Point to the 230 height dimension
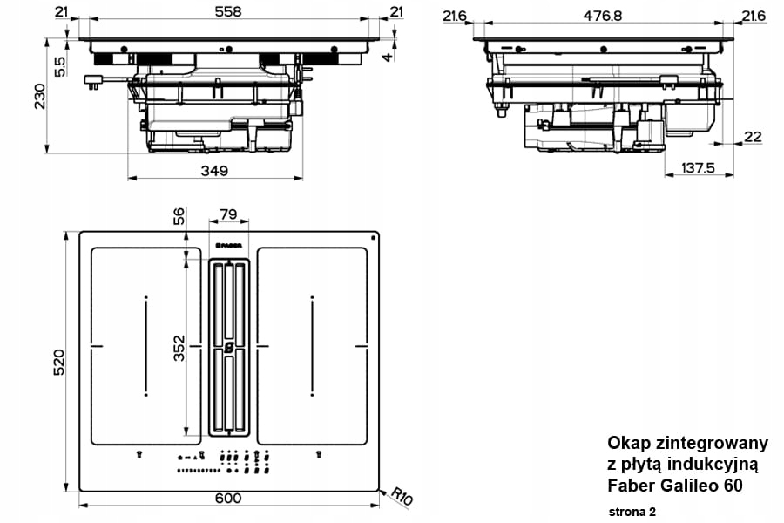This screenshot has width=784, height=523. (39, 96)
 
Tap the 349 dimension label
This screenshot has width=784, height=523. (214, 170)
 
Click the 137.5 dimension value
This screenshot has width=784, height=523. (697, 167)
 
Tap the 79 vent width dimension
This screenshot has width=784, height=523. (228, 214)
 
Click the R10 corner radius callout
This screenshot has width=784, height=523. (400, 496)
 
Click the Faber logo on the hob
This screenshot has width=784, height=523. (228, 247)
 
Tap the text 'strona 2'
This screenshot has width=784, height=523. (632, 510)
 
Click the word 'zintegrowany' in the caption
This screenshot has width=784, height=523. (705, 443)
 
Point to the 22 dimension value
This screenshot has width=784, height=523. (753, 137)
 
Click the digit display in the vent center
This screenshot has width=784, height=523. (228, 347)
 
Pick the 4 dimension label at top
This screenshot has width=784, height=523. (388, 58)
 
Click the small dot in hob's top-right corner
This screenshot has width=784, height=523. (373, 237)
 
